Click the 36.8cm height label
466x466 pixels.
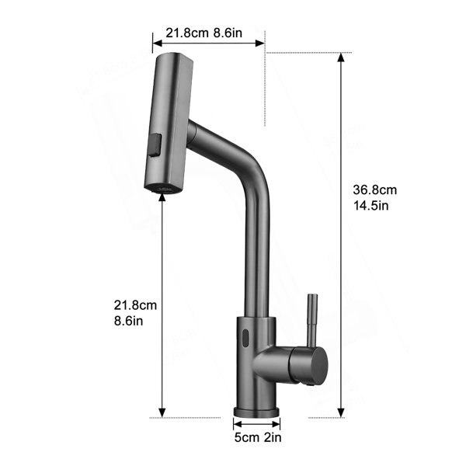[375, 190]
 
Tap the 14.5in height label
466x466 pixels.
[371, 205]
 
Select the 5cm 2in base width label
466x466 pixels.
[258, 437]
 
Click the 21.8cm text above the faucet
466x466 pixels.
[187, 33]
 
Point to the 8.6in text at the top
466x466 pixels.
[228, 33]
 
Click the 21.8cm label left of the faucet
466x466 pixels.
[135, 305]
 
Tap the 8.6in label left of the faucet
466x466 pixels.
[128, 321]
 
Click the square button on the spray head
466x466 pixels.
[155, 145]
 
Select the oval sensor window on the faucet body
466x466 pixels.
[245, 338]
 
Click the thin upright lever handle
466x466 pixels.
[312, 320]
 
